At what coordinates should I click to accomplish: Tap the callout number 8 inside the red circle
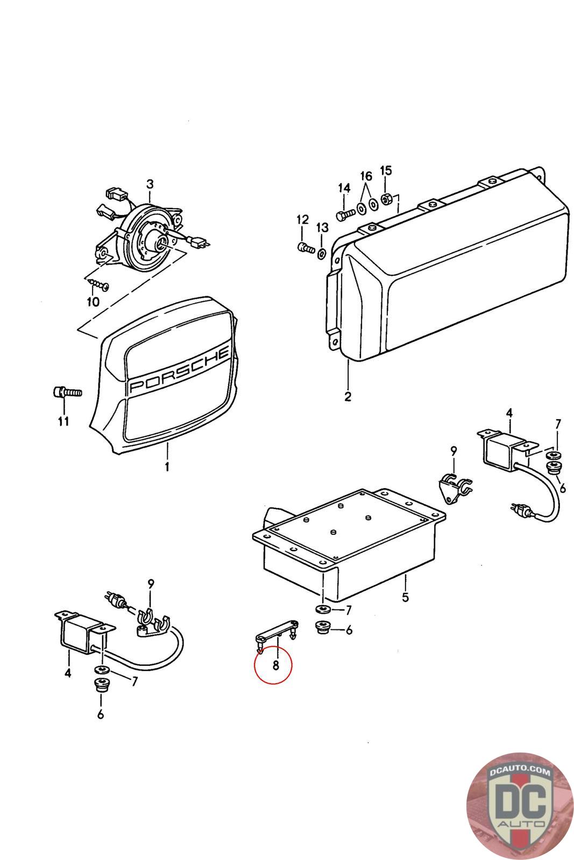tap(275, 665)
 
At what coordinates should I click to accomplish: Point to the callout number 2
tap(348, 397)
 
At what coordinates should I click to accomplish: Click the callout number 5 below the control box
tap(405, 597)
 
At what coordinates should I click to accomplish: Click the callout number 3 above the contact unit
tap(150, 184)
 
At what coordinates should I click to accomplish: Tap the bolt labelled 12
tap(305, 248)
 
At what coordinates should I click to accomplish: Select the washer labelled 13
tap(322, 253)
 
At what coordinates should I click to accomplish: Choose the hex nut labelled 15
tap(385, 199)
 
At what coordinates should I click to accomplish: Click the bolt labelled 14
tap(344, 214)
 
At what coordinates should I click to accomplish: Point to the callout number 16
tap(366, 176)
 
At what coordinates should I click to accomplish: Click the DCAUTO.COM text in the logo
tap(521, 771)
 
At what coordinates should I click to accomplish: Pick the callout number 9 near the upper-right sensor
tap(453, 450)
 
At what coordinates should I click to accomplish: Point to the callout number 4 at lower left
tap(68, 672)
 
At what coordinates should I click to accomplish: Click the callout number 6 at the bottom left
tap(101, 714)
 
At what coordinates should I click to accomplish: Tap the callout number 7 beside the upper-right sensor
tap(558, 424)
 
